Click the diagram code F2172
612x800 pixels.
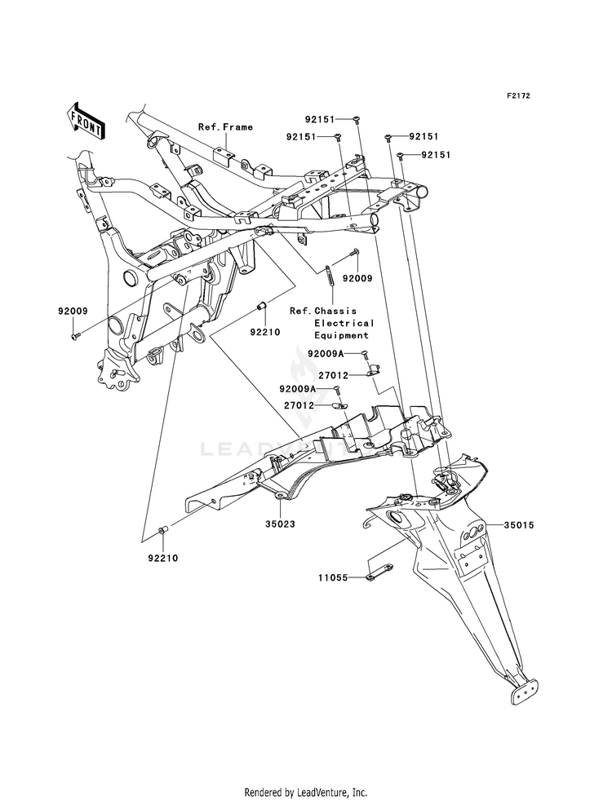pos(518,95)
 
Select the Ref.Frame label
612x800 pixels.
pos(225,126)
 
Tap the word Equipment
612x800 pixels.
pos(342,335)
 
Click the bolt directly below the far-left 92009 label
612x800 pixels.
pos(73,335)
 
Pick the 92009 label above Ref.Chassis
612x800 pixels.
pos(357,278)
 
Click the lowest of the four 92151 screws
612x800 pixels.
pos(400,155)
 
